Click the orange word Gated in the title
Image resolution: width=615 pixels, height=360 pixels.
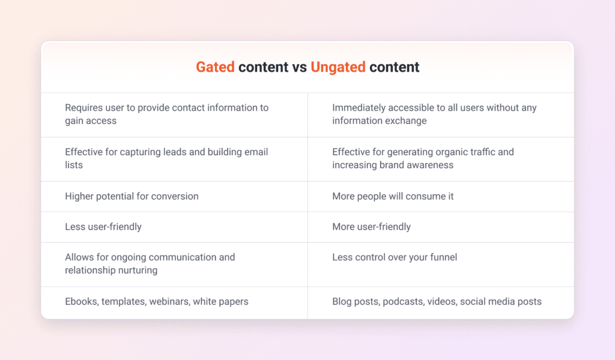pyautogui.click(x=215, y=67)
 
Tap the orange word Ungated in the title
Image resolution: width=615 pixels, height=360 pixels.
pyautogui.click(x=338, y=67)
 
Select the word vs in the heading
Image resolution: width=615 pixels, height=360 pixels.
pyautogui.click(x=300, y=67)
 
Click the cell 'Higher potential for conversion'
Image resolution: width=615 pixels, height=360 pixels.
pyautogui.click(x=132, y=197)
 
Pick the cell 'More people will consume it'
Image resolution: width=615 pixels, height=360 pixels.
pyautogui.click(x=393, y=197)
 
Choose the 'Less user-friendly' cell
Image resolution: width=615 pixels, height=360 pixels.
pyautogui.click(x=103, y=227)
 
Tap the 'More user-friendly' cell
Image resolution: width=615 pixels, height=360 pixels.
pyautogui.click(x=371, y=227)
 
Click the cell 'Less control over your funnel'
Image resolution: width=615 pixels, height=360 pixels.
pyautogui.click(x=395, y=257)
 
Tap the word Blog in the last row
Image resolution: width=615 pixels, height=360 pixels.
pyautogui.click(x=342, y=302)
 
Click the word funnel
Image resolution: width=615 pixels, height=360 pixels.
pyautogui.click(x=441, y=257)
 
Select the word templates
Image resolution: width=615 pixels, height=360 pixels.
pyautogui.click(x=126, y=302)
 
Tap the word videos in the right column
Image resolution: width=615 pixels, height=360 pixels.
pyautogui.click(x=441, y=302)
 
